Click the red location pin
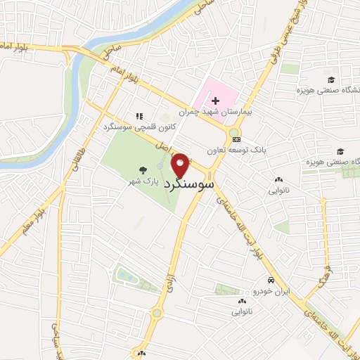click(x=181, y=165)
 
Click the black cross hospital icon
click(x=215, y=102)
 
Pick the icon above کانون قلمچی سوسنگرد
click(x=139, y=116)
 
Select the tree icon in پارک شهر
click(x=143, y=169)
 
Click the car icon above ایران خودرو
click(x=270, y=280)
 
